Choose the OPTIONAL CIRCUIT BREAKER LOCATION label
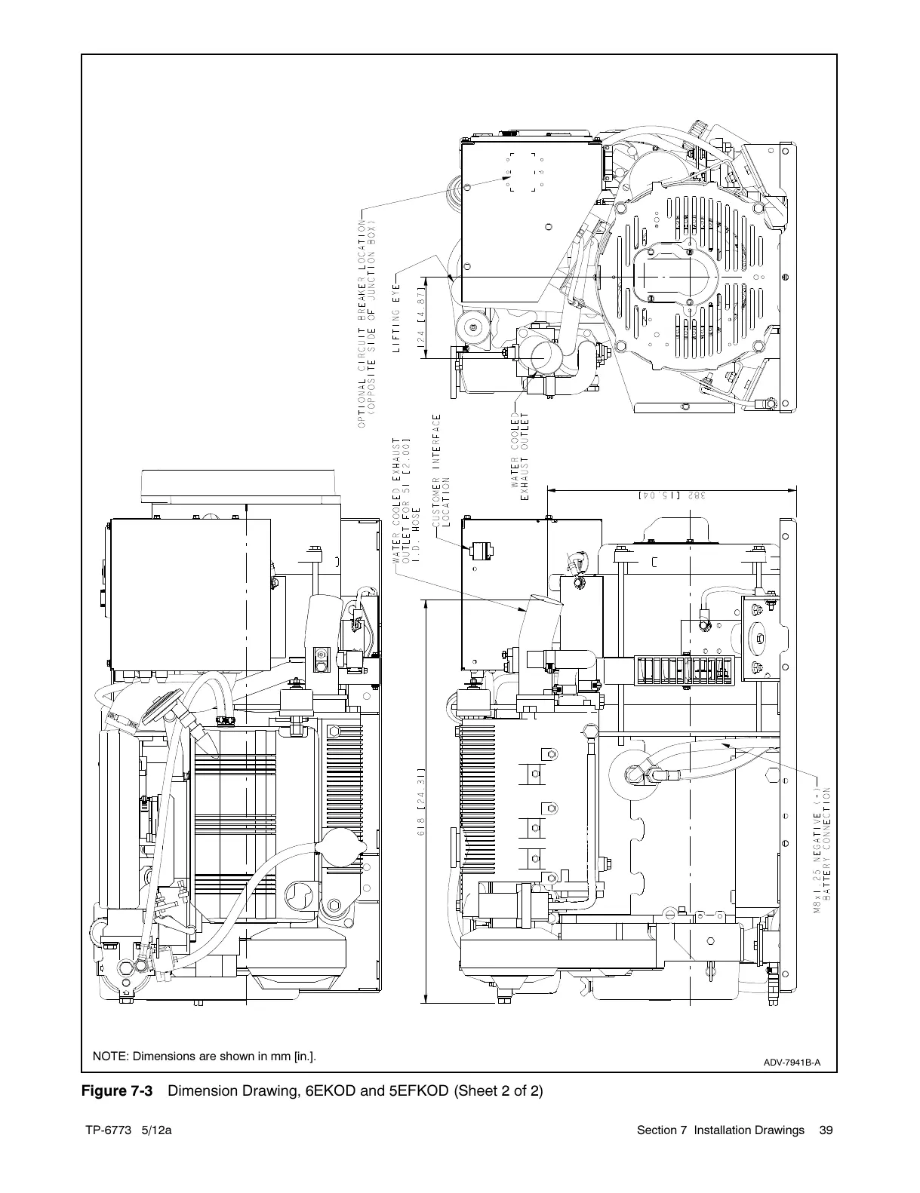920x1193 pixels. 366,324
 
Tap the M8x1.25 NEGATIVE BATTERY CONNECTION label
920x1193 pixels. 822,851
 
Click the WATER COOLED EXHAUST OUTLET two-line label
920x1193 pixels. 519,455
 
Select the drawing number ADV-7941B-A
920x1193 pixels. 792,1063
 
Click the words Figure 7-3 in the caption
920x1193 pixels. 117,1091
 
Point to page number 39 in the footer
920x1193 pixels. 826,1130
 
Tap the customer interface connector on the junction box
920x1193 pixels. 482,550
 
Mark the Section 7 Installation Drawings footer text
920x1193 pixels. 721,1130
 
